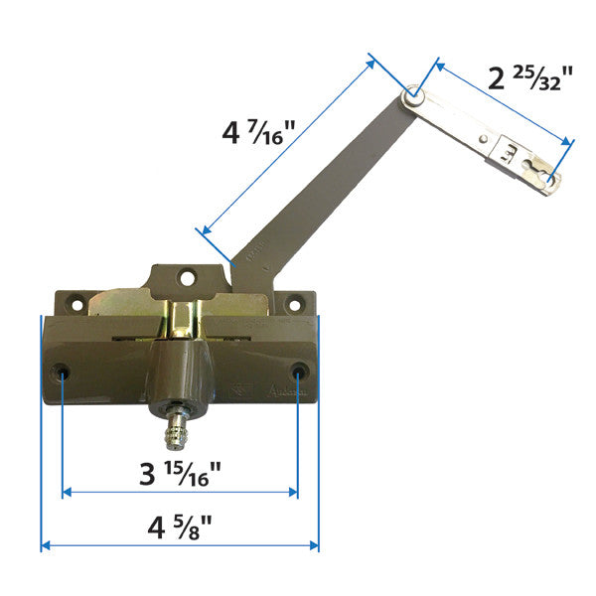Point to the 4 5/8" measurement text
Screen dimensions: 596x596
(180, 524)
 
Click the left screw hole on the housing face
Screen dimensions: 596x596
(64, 372)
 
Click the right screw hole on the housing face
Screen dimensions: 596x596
(299, 372)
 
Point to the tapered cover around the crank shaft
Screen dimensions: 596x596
(181, 377)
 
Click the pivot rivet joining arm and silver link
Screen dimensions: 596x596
(414, 97)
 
